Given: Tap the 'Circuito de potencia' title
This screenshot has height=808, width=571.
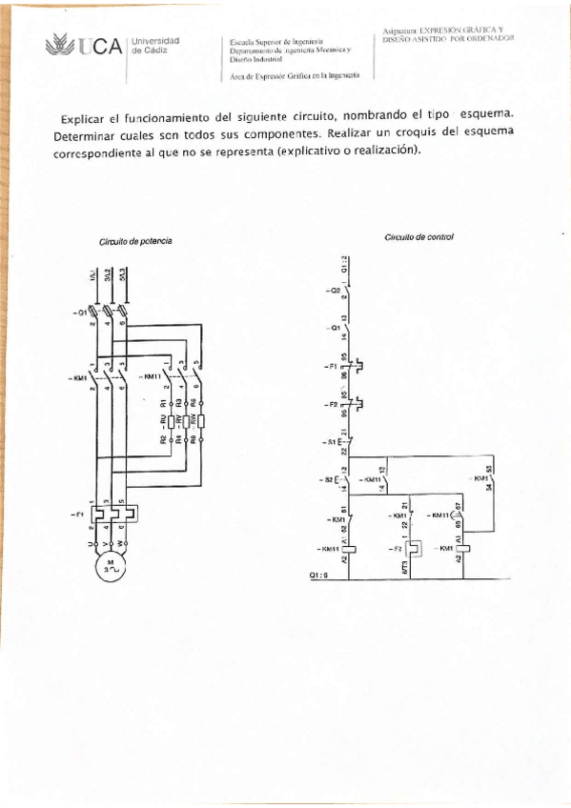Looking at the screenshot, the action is pyautogui.click(x=135, y=242).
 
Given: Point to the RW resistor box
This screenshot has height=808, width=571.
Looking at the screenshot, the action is pyautogui.click(x=201, y=419).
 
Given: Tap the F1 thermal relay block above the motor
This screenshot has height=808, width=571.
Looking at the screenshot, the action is pyautogui.click(x=113, y=514).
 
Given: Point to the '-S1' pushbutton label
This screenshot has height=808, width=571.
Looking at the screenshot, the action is pyautogui.click(x=330, y=443).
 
